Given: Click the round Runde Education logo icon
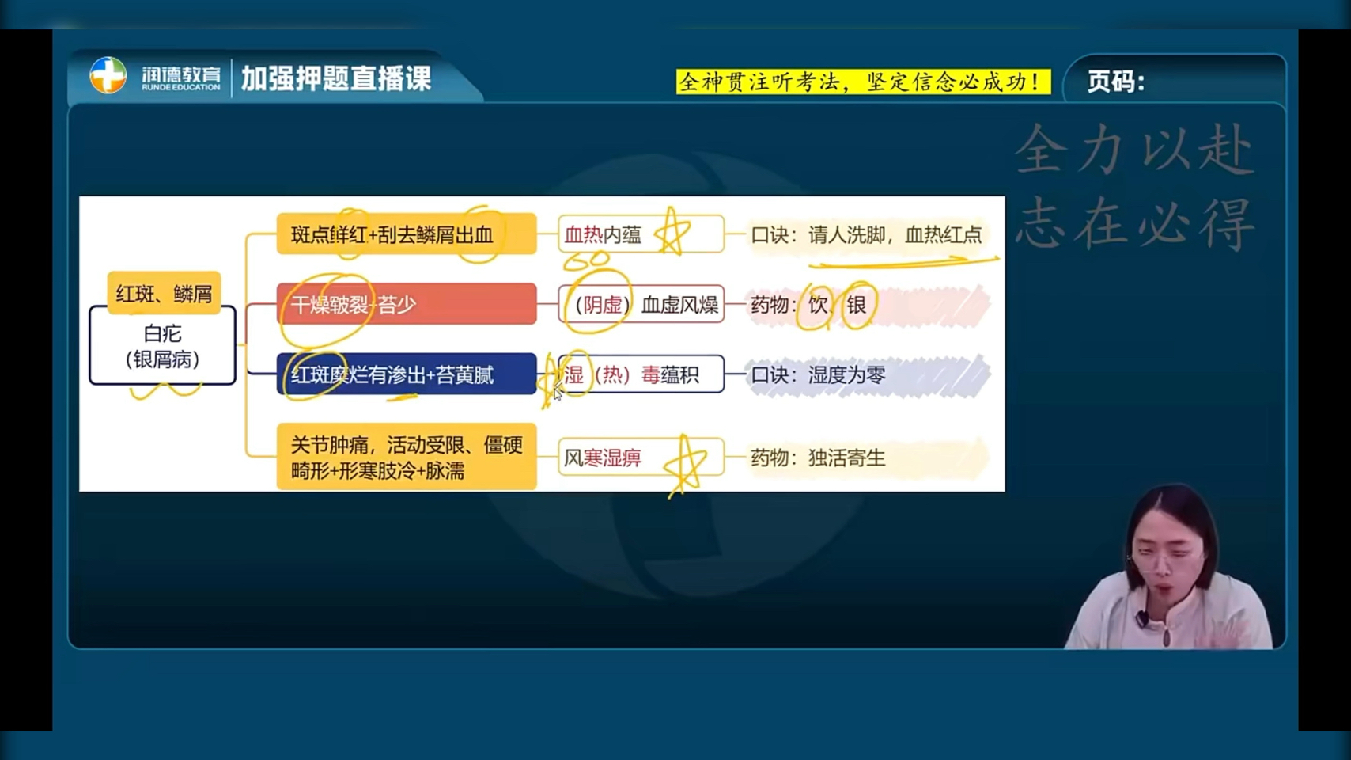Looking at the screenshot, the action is pos(108,75).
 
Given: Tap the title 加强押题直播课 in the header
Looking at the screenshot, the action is pos(336,78).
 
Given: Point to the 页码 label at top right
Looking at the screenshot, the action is pos(1115,82).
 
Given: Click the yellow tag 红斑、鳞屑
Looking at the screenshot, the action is pos(164,294).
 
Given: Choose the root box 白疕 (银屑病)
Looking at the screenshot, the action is pos(162,345).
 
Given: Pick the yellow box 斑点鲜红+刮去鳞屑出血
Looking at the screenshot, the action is pos(407,234).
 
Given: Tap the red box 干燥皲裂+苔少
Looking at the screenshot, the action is pos(407,304).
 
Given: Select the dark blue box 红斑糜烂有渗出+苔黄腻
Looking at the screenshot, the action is pos(407,375).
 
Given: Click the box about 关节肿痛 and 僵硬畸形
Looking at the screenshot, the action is pos(407,457).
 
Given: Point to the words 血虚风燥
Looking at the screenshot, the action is pos(679,305).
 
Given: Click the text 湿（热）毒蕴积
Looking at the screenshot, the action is pos(631,375).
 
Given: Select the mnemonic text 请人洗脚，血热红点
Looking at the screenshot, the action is pos(895,234).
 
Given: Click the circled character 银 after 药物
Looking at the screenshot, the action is pos(857,305).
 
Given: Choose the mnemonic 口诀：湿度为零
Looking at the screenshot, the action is pos(818,375).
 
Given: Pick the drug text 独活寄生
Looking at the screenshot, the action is pos(847,458).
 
